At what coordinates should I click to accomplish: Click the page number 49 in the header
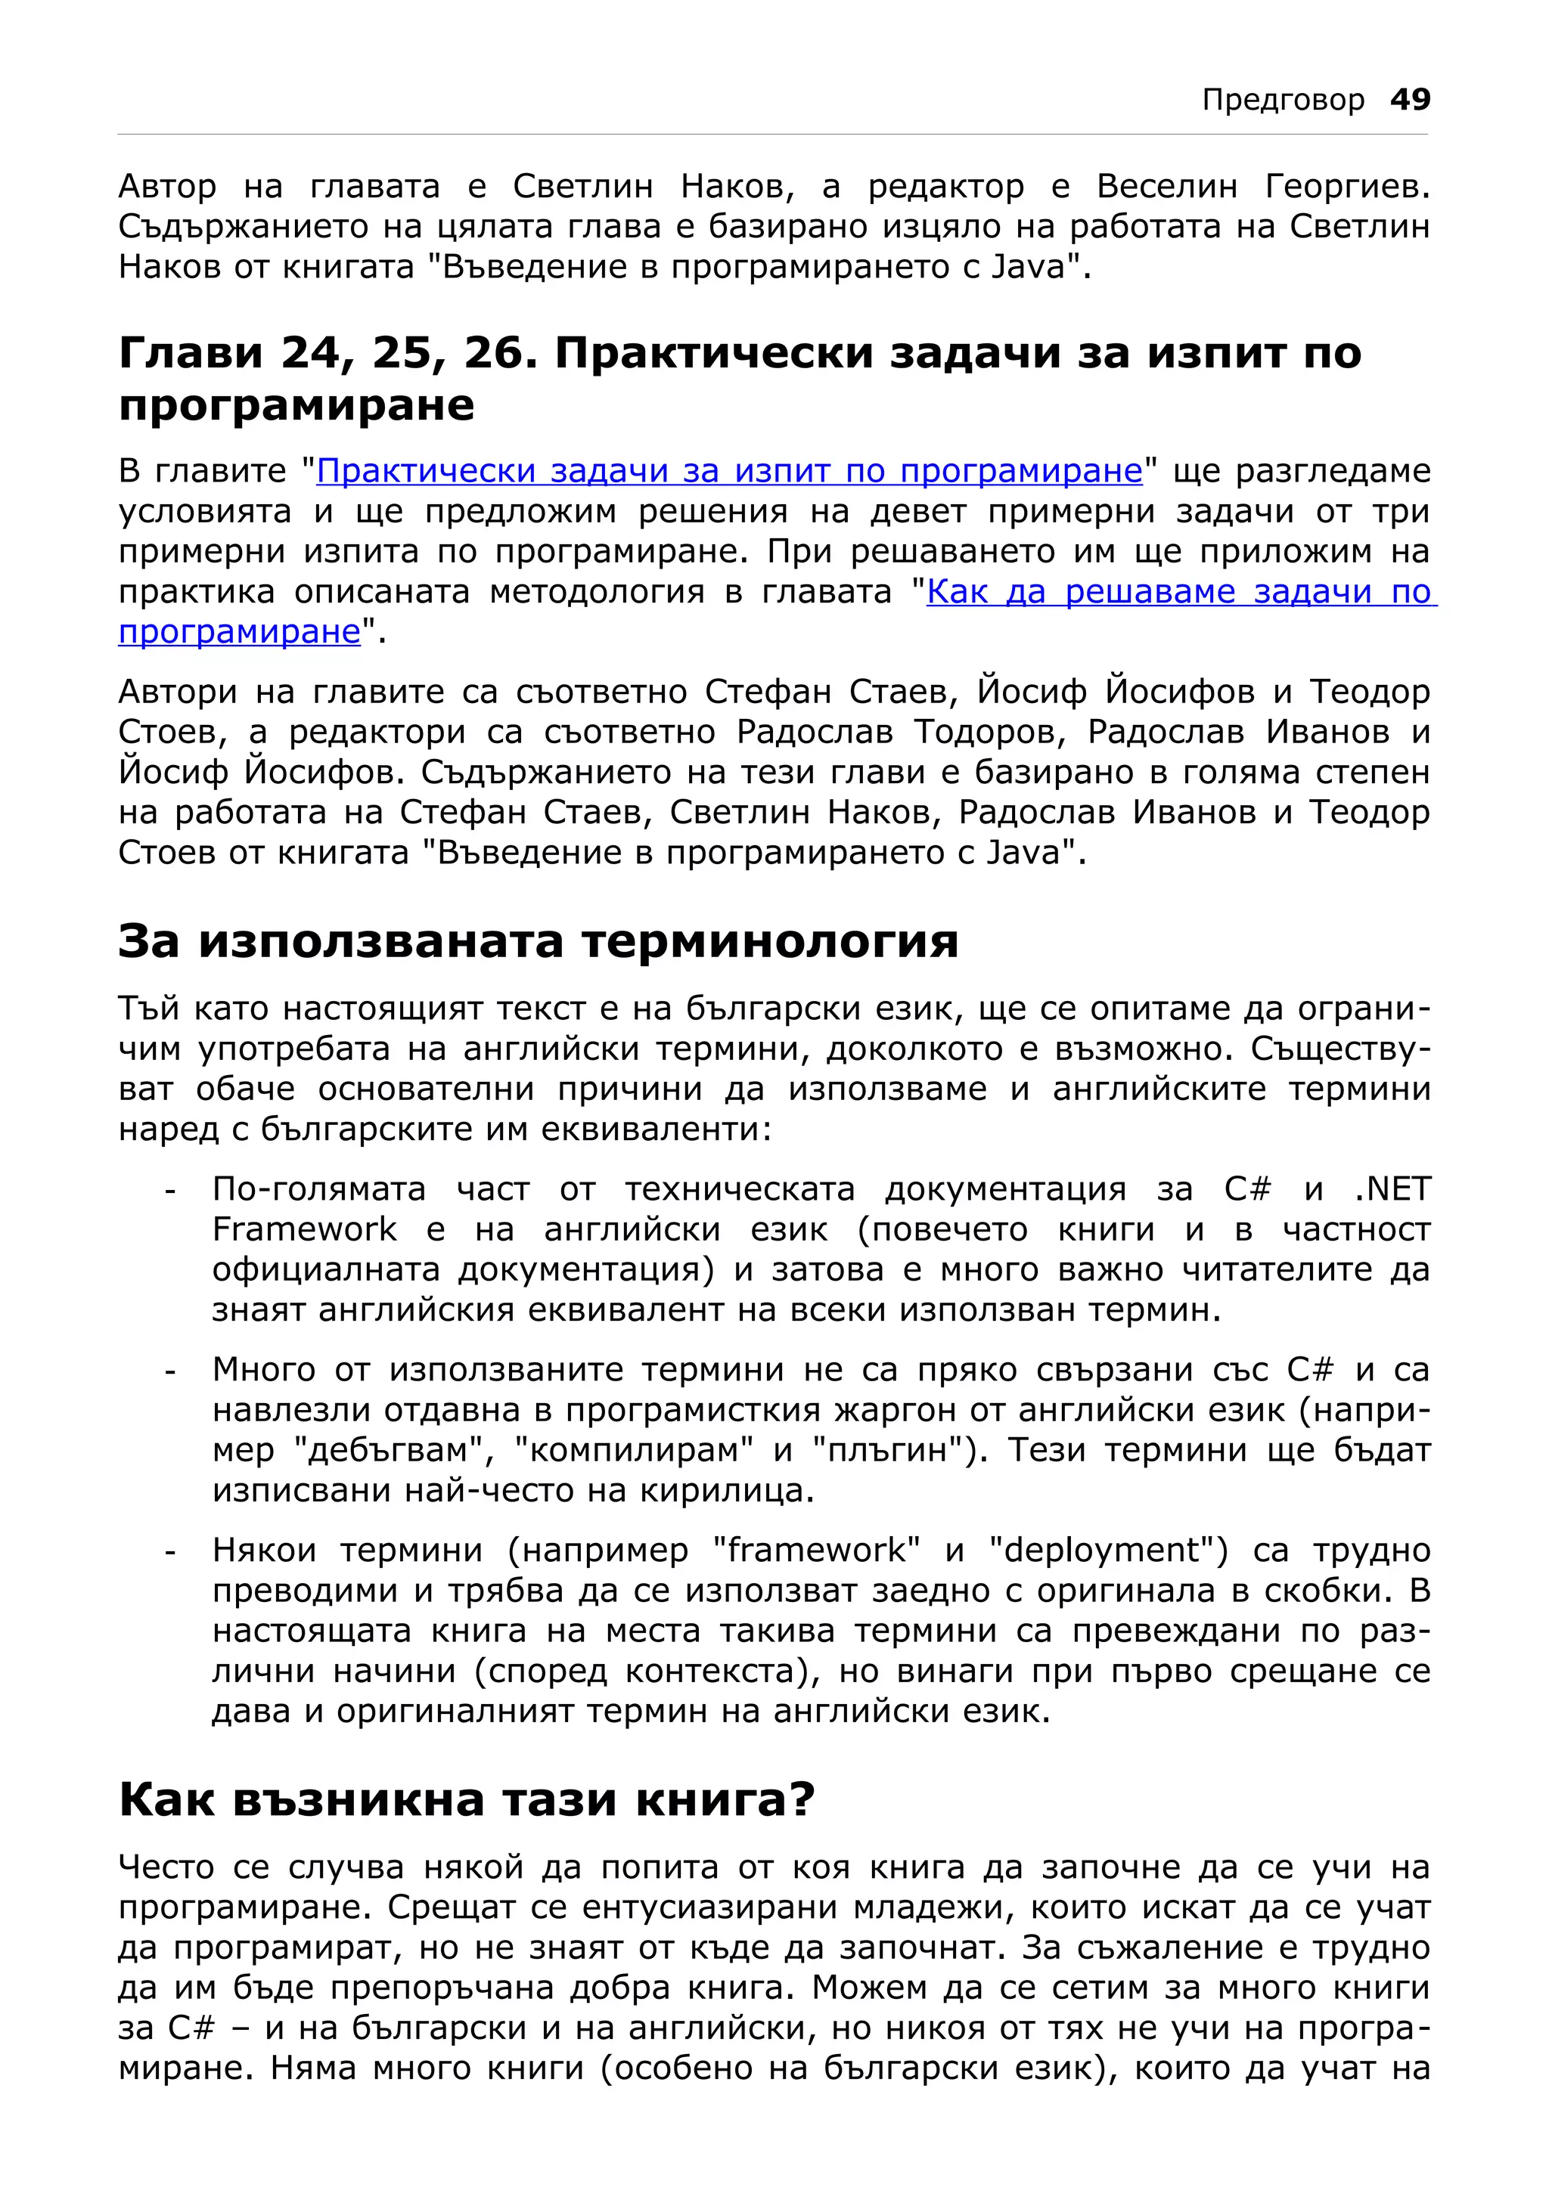click(x=1410, y=99)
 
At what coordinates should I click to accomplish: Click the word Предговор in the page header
click(x=1282, y=100)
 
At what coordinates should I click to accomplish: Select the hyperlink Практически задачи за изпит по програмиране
click(x=729, y=471)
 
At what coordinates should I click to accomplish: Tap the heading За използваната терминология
click(x=538, y=940)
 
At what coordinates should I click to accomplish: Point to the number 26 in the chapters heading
click(x=493, y=353)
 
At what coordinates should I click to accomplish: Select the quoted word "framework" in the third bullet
click(x=817, y=1550)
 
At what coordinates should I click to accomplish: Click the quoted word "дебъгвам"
click(x=395, y=1450)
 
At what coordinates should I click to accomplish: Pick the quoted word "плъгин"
click(x=896, y=1450)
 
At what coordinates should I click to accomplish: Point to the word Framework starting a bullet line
click(x=304, y=1229)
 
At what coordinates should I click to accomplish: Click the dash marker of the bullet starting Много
click(x=170, y=1372)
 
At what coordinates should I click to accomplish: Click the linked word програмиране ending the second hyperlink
click(x=239, y=631)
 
